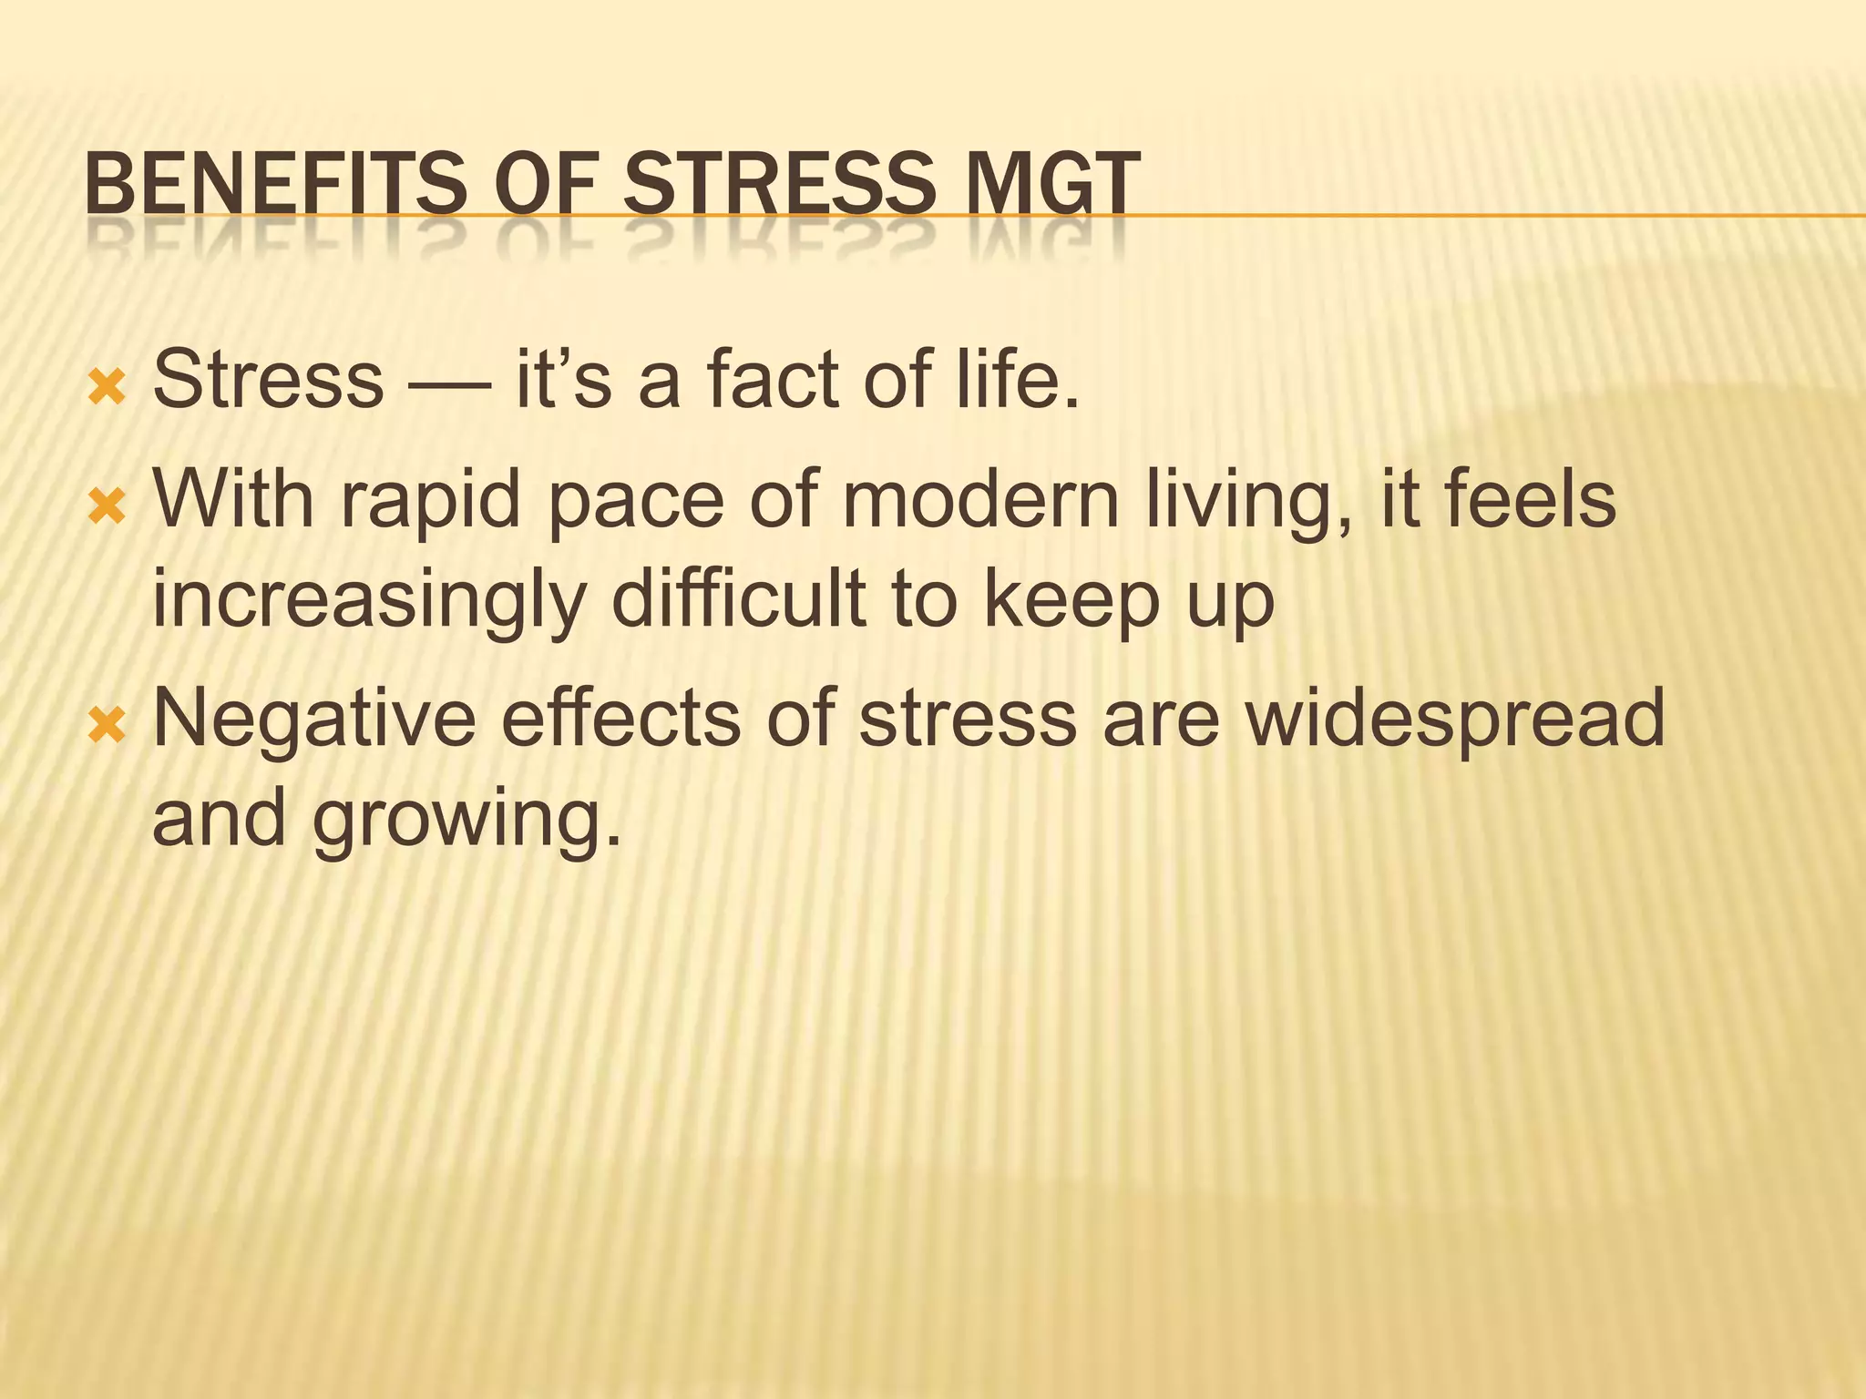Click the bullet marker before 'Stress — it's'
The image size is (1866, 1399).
[106, 388]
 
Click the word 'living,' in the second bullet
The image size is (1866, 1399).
[1248, 504]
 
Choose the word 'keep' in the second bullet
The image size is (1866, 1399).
[1070, 601]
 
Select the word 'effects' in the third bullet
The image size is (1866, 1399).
[620, 720]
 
